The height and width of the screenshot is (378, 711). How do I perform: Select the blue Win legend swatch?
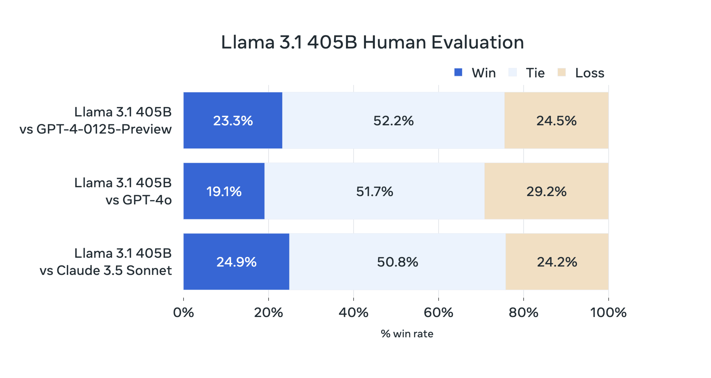coord(458,72)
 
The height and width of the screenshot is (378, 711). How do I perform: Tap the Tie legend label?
coord(535,73)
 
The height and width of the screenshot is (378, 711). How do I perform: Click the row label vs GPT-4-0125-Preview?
coord(96,129)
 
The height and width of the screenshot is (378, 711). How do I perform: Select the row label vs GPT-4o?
coord(138,200)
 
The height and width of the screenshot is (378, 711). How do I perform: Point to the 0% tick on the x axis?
coord(183,313)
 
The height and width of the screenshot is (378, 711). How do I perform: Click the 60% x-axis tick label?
coord(438,313)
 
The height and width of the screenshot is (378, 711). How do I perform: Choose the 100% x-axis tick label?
coord(608,313)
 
